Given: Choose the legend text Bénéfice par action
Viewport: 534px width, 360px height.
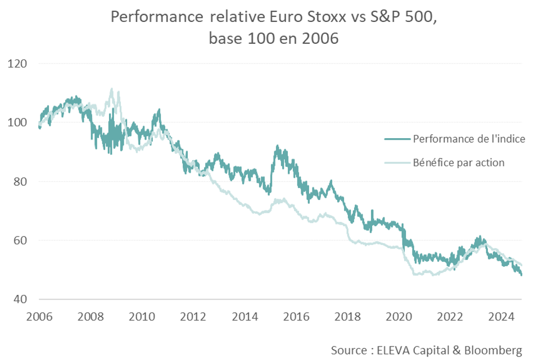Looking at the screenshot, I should (458, 163).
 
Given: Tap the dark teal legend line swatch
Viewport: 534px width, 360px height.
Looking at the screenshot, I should (397, 139).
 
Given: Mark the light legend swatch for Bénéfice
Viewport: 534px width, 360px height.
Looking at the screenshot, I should (397, 163).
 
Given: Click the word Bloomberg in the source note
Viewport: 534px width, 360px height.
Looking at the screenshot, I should (495, 350).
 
